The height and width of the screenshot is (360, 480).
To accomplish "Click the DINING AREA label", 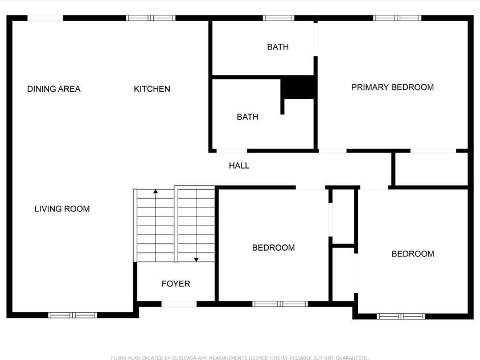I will [x=54, y=89].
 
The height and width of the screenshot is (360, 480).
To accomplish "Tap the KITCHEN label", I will [x=152, y=89].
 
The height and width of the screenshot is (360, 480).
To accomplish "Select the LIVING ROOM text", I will [x=62, y=209].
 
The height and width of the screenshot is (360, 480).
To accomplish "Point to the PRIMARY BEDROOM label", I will [x=392, y=87].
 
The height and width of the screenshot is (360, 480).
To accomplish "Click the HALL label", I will [x=239, y=166].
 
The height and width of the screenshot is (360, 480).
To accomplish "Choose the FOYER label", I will [x=175, y=284].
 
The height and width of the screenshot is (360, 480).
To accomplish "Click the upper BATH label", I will [x=278, y=47].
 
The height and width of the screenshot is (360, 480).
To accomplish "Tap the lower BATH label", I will [x=248, y=117].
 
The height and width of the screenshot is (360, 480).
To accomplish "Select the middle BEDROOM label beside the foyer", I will [x=273, y=248].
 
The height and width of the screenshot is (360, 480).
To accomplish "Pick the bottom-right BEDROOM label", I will [x=413, y=254].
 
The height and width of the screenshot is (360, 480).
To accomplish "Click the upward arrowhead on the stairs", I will [x=155, y=192].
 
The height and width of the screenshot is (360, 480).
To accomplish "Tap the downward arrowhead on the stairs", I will [x=196, y=259].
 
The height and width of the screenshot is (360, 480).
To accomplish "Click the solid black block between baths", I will [x=299, y=87].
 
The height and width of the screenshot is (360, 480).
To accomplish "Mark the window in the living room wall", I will [x=73, y=314].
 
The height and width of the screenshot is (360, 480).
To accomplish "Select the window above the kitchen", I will [x=151, y=18].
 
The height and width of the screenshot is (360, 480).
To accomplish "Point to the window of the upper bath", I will [x=278, y=18].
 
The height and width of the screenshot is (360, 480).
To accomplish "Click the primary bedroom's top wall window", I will [x=397, y=18].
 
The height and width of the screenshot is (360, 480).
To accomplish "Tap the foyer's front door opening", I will [x=179, y=304].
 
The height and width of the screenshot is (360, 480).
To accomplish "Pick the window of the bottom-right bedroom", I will [x=401, y=316].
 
